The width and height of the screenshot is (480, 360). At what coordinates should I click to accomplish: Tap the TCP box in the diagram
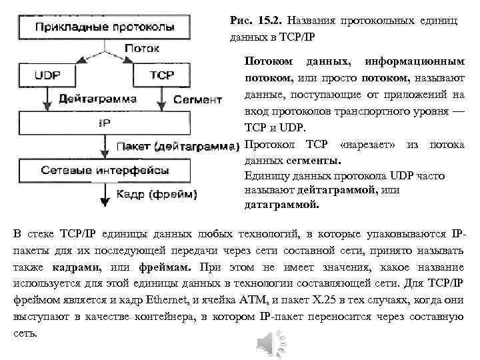point(162,74)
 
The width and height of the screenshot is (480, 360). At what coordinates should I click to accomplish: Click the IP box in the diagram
point(105,123)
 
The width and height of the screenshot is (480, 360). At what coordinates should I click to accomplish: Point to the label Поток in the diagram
point(141,49)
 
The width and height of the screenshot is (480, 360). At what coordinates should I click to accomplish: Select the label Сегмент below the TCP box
point(197,100)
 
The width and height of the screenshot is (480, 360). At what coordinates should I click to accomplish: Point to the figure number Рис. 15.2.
point(251,21)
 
